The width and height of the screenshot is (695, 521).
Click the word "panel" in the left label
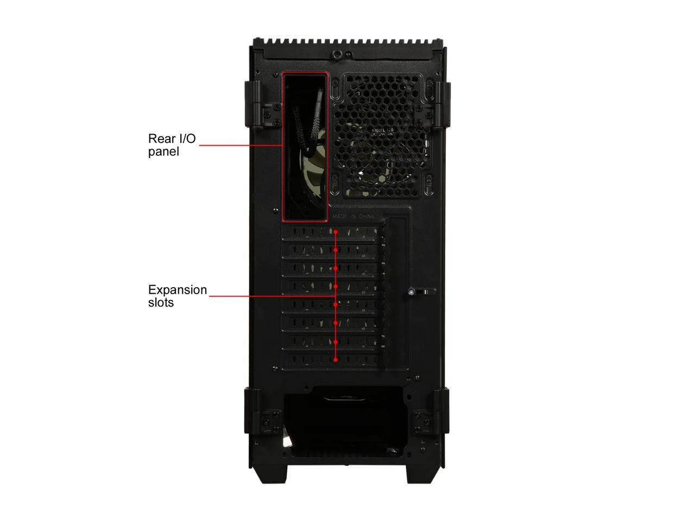[x=163, y=152]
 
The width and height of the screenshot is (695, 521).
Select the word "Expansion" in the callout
[x=178, y=290]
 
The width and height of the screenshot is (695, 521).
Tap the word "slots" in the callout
[x=161, y=303]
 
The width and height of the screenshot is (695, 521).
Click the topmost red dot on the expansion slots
[x=336, y=232]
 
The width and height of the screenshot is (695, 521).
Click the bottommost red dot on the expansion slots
[x=336, y=359]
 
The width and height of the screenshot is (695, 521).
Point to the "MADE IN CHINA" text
[x=353, y=216]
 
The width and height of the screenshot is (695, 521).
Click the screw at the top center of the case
[x=338, y=55]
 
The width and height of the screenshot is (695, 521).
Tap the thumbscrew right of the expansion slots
[x=414, y=292]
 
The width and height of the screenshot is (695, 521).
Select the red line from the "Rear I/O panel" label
[x=239, y=145]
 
